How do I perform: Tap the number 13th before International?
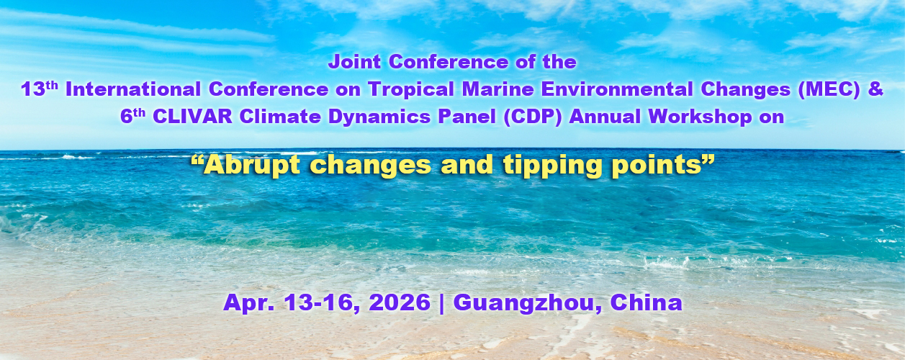(x=40, y=89)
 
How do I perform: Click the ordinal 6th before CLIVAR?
(x=132, y=117)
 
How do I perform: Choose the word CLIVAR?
(x=192, y=117)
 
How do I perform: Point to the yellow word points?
(x=657, y=166)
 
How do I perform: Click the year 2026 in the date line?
(x=399, y=302)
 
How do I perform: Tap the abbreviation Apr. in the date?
(x=249, y=303)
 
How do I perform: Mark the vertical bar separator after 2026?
(x=441, y=303)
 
